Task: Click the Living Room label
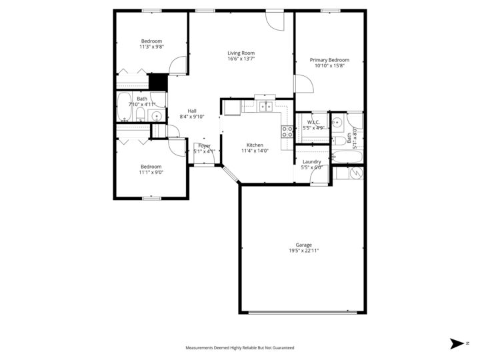[x=241, y=53]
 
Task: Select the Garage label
[x=304, y=245]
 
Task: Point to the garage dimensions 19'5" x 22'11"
[x=304, y=251]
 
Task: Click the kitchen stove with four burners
[x=287, y=131]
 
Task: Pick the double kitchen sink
[x=265, y=106]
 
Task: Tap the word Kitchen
[x=255, y=145]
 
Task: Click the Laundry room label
[x=312, y=161]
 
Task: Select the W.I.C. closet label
[x=313, y=122]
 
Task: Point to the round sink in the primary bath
[x=337, y=122]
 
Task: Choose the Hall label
[x=192, y=111]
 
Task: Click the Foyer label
[x=204, y=145]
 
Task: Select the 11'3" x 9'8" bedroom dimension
[x=151, y=47]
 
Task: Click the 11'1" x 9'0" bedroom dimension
[x=151, y=173]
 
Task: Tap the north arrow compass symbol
[x=457, y=343]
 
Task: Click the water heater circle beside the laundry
[x=356, y=173]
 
